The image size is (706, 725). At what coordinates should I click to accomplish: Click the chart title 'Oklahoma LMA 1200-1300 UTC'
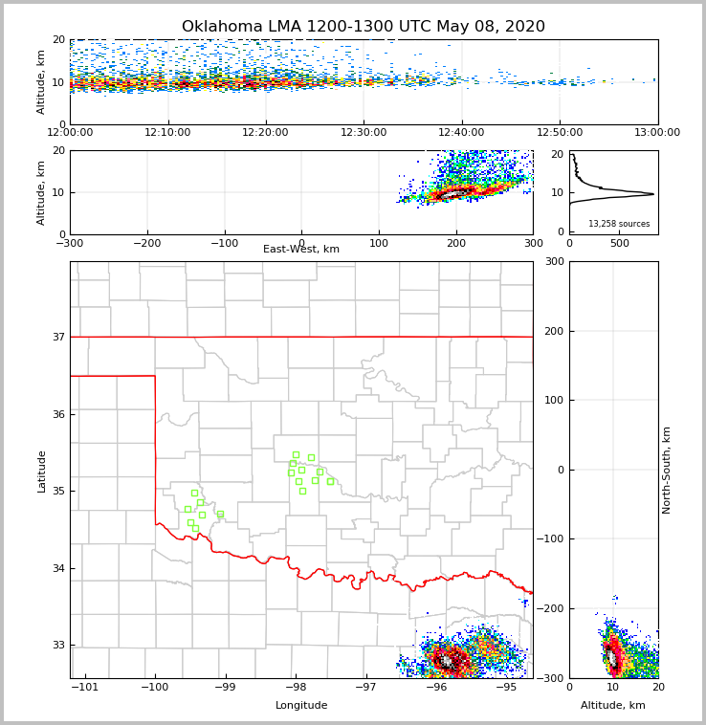pos(363,27)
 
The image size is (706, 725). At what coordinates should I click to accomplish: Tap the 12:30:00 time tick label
pos(364,133)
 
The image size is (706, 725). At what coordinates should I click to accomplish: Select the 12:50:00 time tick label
pos(560,133)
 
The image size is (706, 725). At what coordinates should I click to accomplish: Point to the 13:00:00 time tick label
pos(657,133)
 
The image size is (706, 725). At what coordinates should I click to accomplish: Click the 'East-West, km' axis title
pos(301,250)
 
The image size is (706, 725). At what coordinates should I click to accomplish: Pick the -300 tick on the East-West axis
pos(70,243)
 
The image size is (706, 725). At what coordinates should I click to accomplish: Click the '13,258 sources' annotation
pos(619,224)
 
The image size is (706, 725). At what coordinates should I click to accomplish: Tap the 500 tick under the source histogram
pos(620,243)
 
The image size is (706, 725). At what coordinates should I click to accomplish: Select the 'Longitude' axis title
pos(301,706)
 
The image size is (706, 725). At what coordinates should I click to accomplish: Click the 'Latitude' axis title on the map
pos(41,471)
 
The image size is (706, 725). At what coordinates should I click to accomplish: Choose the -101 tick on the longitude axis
pos(85,688)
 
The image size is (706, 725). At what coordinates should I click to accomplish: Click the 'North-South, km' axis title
pos(667,470)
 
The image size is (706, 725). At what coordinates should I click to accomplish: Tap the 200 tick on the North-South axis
pos(554,331)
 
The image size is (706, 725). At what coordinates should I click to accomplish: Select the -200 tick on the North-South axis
pos(551,608)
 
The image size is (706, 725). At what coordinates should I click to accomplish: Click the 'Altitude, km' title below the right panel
pos(613,706)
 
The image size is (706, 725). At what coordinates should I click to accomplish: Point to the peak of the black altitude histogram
pos(654,194)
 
